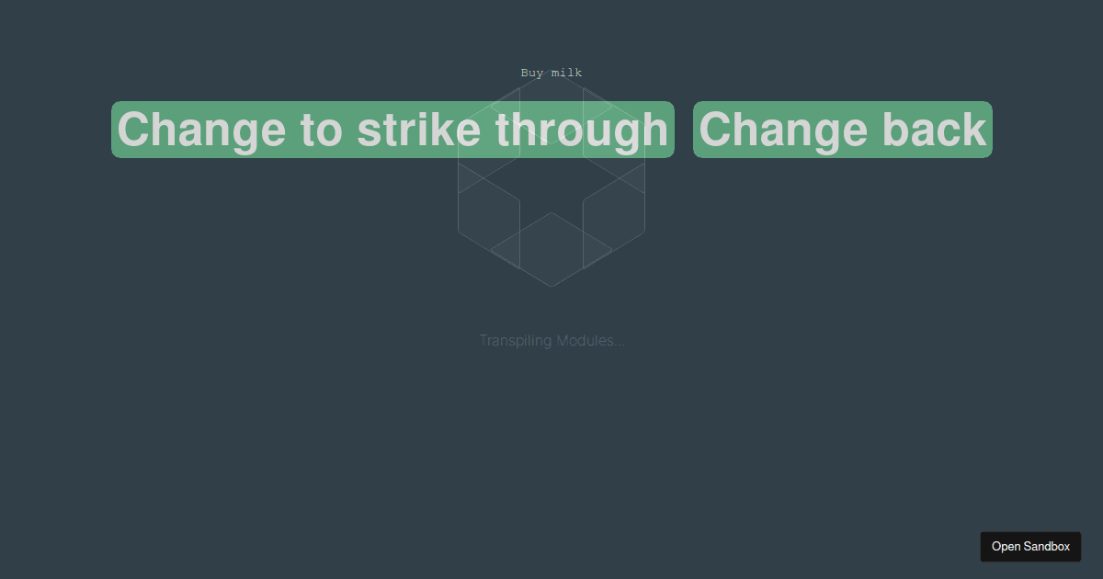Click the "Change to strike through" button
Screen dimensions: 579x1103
(x=392, y=130)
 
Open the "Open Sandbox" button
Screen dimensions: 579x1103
(x=1030, y=546)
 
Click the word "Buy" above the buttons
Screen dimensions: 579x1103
(x=532, y=73)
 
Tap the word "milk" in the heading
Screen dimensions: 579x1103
(x=566, y=73)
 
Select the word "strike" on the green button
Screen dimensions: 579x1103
(x=418, y=130)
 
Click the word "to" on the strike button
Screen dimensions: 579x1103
(x=321, y=130)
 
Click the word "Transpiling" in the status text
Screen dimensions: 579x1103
(x=516, y=341)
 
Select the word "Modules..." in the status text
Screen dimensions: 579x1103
(x=590, y=341)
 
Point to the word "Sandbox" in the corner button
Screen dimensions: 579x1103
(x=1048, y=546)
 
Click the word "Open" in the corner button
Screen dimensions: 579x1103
(x=1006, y=546)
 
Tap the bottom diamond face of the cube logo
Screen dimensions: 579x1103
(x=551, y=248)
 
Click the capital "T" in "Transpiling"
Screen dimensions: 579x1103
(x=483, y=341)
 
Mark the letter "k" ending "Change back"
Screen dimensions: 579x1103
(x=973, y=130)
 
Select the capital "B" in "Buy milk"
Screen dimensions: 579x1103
(x=525, y=73)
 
